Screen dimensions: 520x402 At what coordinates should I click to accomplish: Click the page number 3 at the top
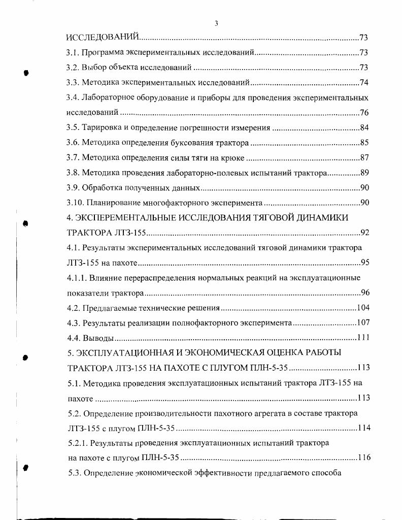[x=216, y=23]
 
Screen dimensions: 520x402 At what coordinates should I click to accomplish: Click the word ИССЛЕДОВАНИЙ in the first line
[x=103, y=38]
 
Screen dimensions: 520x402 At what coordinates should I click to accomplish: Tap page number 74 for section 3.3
[x=364, y=82]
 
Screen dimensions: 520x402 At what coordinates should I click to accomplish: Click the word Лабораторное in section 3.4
[x=110, y=97]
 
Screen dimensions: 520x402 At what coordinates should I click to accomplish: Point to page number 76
[x=364, y=112]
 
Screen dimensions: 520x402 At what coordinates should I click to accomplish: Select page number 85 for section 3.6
[x=364, y=143]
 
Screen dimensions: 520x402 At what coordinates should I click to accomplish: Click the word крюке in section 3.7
[x=232, y=158]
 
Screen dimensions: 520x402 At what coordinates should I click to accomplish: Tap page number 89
[x=364, y=173]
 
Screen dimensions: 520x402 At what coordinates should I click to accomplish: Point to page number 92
[x=364, y=233]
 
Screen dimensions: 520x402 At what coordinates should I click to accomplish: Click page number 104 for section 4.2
[x=362, y=308]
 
